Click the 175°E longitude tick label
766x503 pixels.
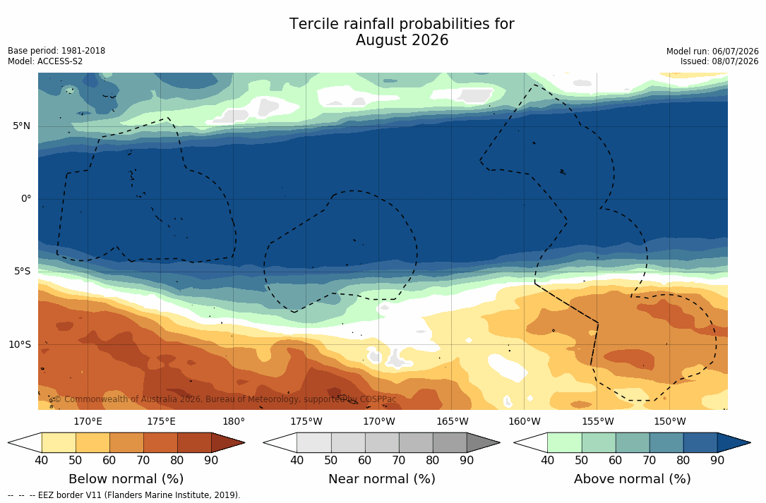coord(161,421)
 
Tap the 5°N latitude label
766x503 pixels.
coord(21,126)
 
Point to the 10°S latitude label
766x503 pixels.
coord(20,345)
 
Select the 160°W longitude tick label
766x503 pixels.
coord(525,421)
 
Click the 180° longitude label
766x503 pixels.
coord(234,421)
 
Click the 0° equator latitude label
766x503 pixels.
coord(26,199)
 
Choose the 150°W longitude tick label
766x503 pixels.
coord(670,421)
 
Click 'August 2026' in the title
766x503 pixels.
coord(402,40)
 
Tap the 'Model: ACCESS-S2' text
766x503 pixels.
coord(45,61)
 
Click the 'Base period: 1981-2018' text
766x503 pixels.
coord(56,51)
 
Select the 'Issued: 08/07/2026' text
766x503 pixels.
coord(719,61)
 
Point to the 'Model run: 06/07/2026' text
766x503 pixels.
coord(712,51)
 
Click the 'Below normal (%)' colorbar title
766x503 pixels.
coord(126,478)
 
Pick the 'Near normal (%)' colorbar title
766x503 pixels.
coord(381,478)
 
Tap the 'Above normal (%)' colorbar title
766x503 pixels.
coord(632,478)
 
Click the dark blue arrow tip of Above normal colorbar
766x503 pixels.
coord(750,443)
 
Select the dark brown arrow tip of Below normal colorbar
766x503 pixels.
coord(244,443)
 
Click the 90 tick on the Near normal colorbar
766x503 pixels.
coord(467,460)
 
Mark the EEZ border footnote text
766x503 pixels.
coord(124,495)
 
